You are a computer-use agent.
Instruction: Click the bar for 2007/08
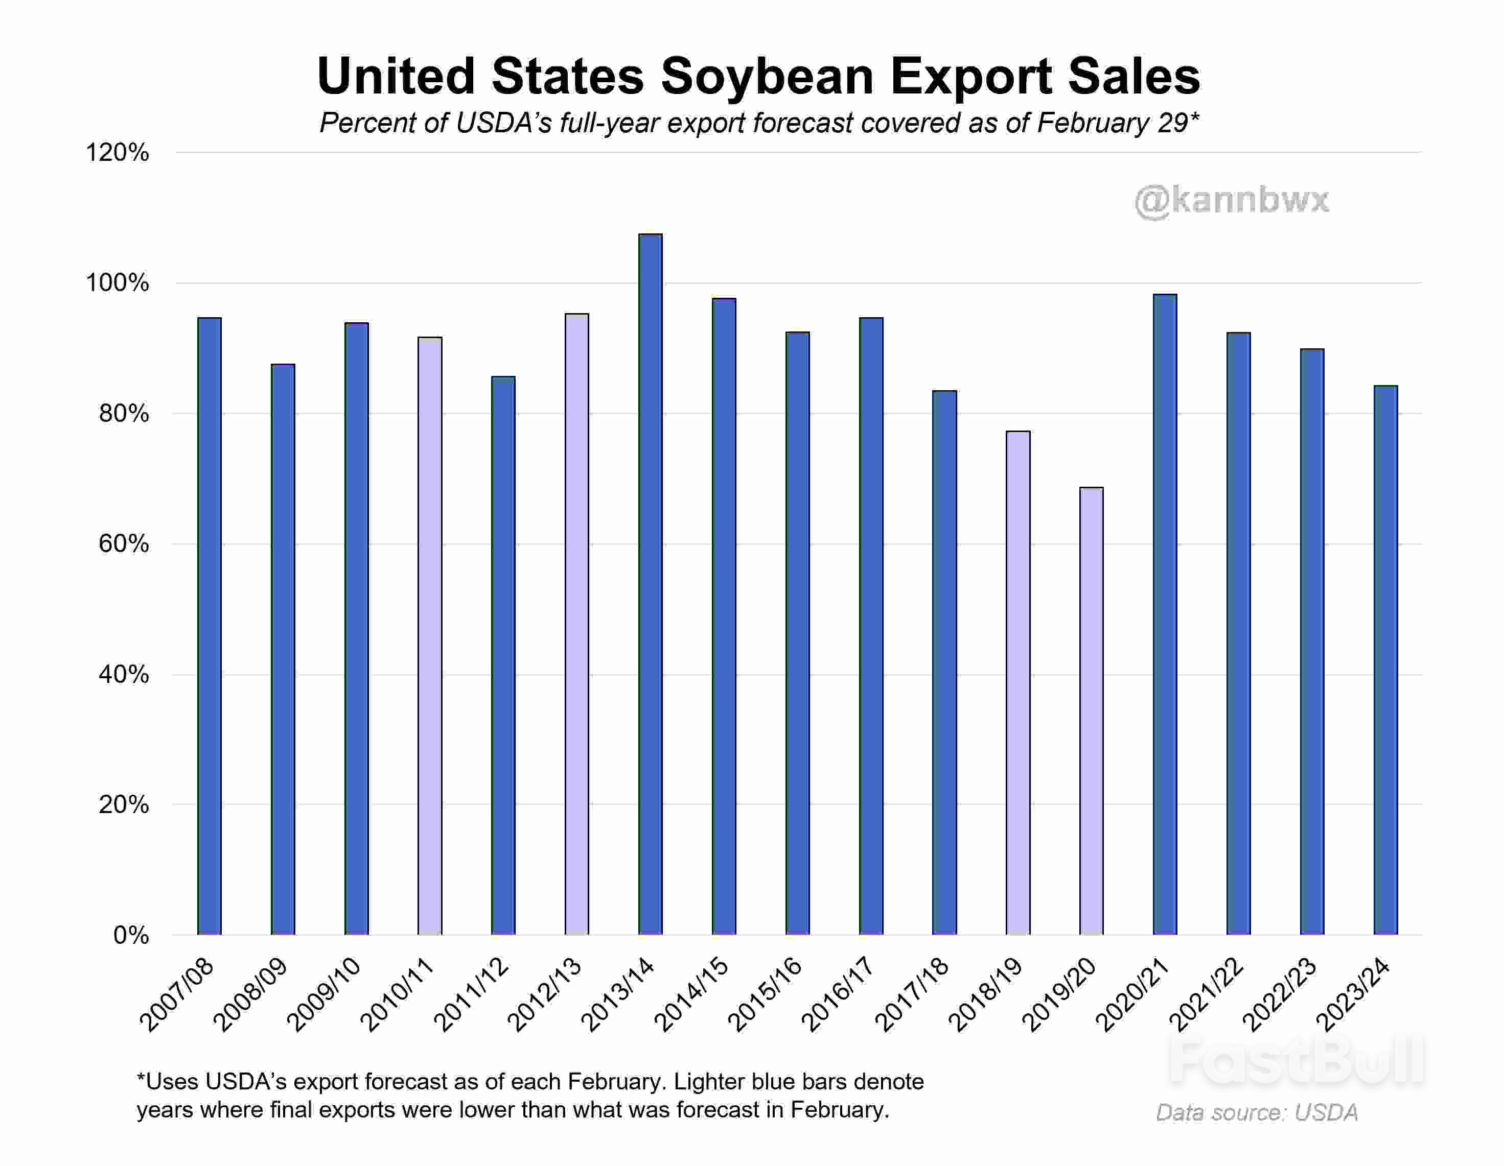[210, 626]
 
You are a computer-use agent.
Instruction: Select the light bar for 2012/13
[576, 624]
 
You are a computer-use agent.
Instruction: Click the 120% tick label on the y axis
[117, 153]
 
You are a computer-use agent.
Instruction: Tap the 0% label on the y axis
[131, 935]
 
